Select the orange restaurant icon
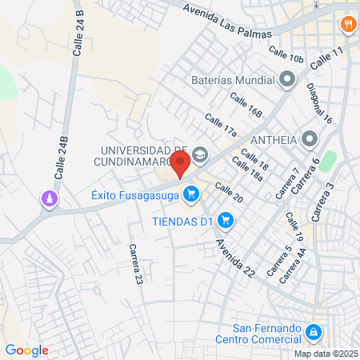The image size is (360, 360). click(347, 24)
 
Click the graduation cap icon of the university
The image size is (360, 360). click(199, 153)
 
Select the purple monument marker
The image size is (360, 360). click(51, 198)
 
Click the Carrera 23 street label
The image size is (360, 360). click(135, 266)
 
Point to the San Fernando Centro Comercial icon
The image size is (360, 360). click(315, 330)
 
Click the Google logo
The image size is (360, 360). click(26, 350)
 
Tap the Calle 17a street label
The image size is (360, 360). click(221, 125)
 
